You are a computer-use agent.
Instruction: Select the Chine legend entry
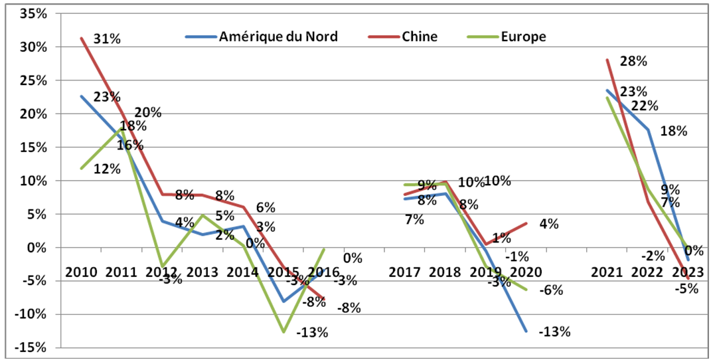pyautogui.click(x=420, y=37)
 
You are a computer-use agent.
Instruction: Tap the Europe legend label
pyautogui.click(x=524, y=37)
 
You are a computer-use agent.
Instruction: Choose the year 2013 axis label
pyautogui.click(x=202, y=272)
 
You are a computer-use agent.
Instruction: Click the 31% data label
pyautogui.click(x=107, y=39)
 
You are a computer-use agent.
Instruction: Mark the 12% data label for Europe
pyautogui.click(x=107, y=169)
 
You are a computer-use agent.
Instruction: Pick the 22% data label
pyautogui.click(x=645, y=106)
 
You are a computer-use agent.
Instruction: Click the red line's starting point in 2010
pyautogui.click(x=81, y=38)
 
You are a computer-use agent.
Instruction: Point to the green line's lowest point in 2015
pyautogui.click(x=284, y=331)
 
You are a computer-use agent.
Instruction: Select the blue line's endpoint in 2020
pyautogui.click(x=527, y=331)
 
